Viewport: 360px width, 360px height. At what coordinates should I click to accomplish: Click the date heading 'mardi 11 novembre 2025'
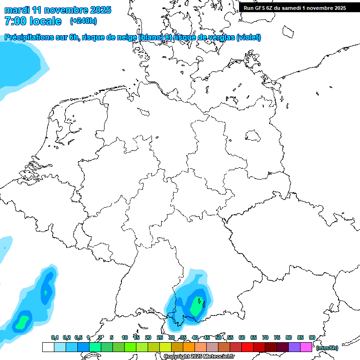[x=58, y=10]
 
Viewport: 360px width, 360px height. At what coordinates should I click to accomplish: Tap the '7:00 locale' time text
[x=33, y=21]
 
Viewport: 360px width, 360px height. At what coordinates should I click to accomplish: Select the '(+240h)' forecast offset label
[x=84, y=21]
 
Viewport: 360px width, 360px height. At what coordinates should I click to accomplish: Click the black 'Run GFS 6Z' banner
[x=294, y=7]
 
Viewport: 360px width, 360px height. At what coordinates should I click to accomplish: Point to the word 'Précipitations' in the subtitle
[x=28, y=37]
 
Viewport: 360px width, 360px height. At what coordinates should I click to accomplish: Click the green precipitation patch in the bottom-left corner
[x=22, y=322]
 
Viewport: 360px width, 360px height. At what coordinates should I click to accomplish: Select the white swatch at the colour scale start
[x=48, y=347]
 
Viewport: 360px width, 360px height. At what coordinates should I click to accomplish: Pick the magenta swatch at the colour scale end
[x=306, y=347]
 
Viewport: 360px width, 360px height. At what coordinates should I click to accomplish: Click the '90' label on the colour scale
[x=312, y=337]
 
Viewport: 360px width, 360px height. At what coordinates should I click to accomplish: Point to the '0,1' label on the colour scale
[x=55, y=337]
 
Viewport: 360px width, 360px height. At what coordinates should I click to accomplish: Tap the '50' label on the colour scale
[x=218, y=337]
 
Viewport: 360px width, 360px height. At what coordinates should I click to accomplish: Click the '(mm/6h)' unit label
[x=327, y=348]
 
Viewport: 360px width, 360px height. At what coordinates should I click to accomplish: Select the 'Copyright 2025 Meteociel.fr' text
[x=199, y=357]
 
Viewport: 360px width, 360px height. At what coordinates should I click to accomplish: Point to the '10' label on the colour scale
[x=125, y=337]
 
